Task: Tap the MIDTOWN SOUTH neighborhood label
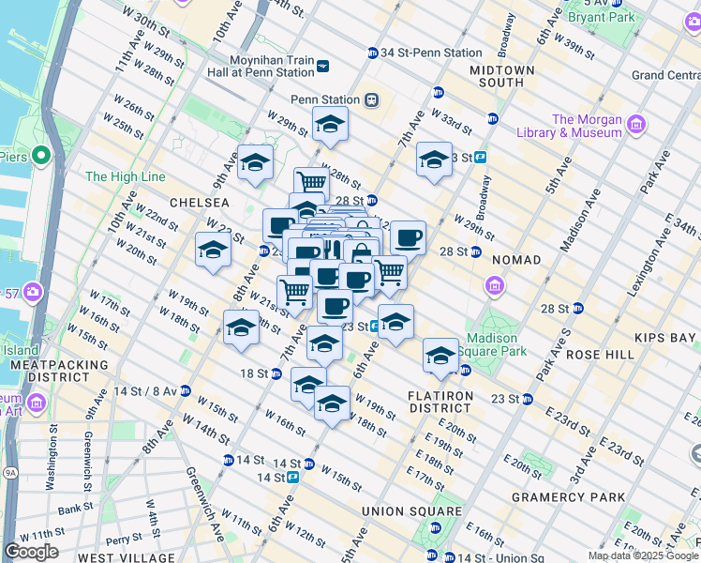(x=501, y=76)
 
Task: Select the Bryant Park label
(x=602, y=17)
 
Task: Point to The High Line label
(x=125, y=176)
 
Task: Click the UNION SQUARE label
(x=411, y=511)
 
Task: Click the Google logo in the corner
(x=31, y=552)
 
